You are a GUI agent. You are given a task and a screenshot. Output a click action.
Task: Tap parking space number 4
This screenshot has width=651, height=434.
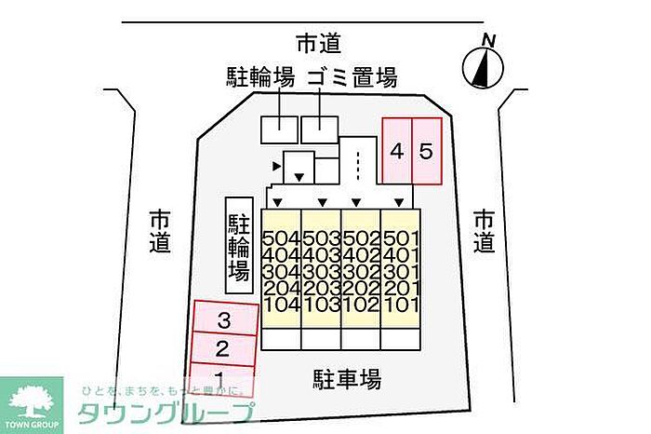[x=397, y=151]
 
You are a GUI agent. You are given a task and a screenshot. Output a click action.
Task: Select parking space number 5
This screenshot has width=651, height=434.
[x=425, y=151]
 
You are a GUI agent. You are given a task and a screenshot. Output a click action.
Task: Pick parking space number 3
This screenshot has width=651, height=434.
[x=223, y=321]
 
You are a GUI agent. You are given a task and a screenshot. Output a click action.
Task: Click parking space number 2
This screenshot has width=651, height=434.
[x=223, y=350]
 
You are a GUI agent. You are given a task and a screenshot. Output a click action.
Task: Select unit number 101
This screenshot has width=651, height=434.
[x=402, y=305]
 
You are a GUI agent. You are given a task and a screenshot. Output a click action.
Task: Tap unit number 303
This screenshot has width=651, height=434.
[x=321, y=271]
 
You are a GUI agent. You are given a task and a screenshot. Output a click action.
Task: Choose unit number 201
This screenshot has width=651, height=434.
[x=402, y=288]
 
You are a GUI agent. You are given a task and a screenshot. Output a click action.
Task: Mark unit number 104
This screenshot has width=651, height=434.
[x=281, y=305]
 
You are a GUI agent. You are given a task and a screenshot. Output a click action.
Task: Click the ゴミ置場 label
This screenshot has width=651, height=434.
[x=352, y=78]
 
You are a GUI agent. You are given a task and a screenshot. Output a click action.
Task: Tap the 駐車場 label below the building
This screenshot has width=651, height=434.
[x=347, y=379]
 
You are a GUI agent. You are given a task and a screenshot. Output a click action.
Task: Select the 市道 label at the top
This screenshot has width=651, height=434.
[x=319, y=43]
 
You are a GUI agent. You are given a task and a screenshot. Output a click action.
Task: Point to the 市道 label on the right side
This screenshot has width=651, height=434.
[x=484, y=231]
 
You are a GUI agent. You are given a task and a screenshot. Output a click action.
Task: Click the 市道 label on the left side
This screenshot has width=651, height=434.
[x=161, y=231]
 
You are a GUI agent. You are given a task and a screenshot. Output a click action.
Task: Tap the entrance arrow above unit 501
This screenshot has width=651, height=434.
[x=400, y=202]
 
